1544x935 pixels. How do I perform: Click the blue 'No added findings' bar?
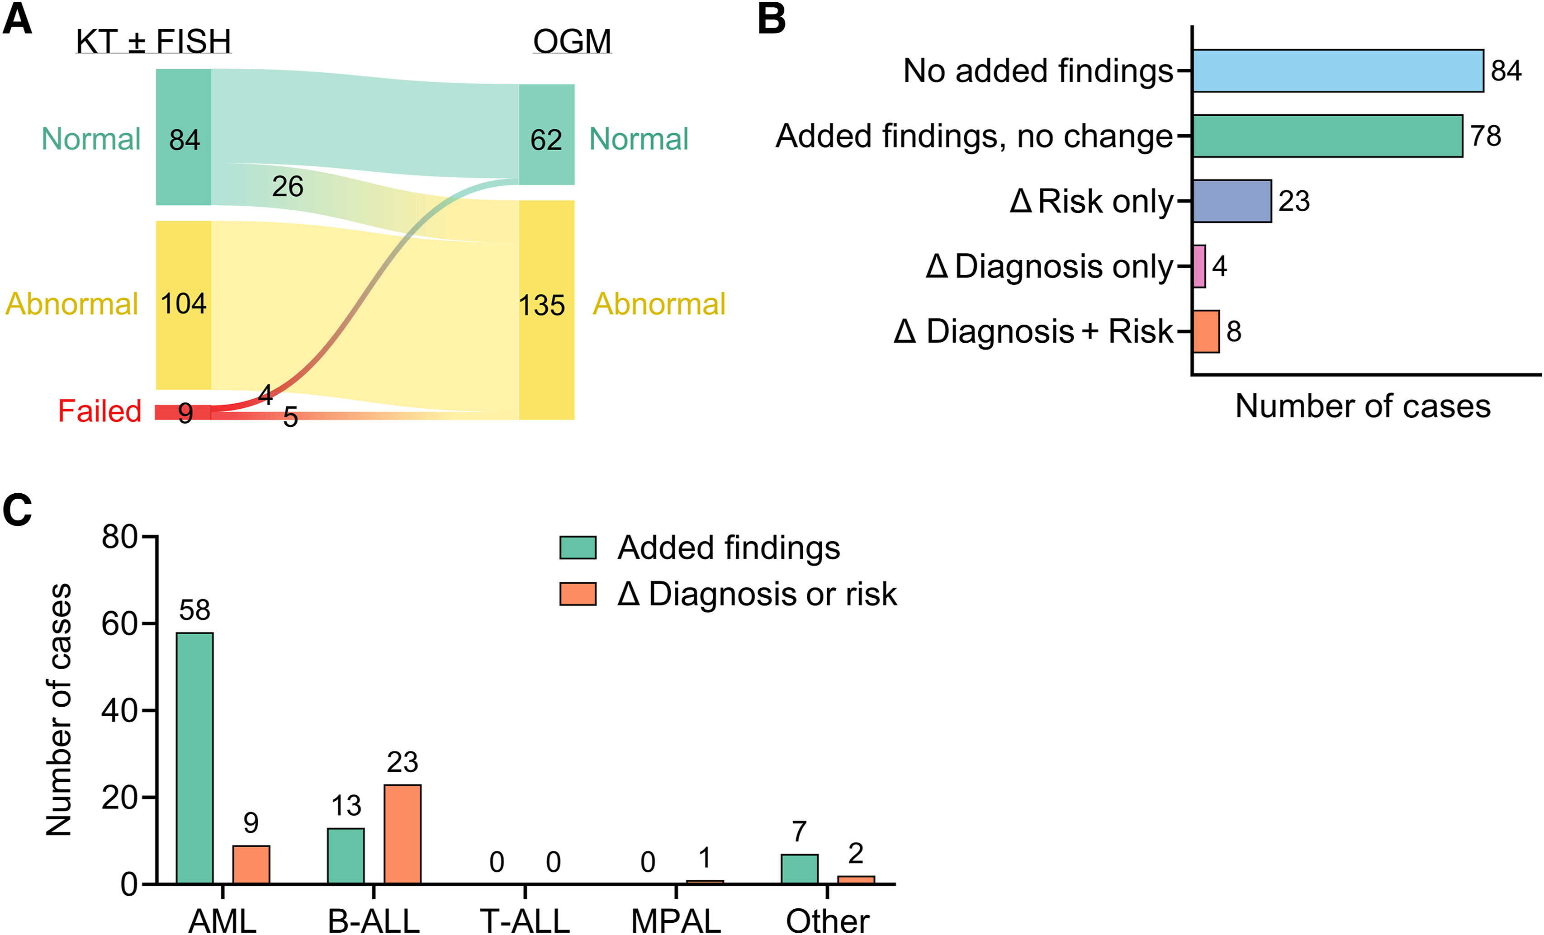(x=1337, y=71)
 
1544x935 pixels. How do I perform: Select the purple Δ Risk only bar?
(x=1231, y=201)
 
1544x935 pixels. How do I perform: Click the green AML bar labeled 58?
(x=194, y=758)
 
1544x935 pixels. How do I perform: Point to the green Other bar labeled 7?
(x=799, y=869)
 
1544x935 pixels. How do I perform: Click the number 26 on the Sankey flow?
(x=288, y=187)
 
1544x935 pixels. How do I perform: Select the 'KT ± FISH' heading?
(x=153, y=42)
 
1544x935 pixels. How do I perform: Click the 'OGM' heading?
(x=572, y=42)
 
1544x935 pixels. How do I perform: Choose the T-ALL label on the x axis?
(x=525, y=921)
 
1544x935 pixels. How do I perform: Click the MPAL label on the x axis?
(x=676, y=921)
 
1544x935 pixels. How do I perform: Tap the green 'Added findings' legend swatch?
(x=577, y=548)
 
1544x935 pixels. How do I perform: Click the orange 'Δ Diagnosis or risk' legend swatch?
(x=577, y=593)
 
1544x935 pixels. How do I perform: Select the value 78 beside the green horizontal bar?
(x=1486, y=136)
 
